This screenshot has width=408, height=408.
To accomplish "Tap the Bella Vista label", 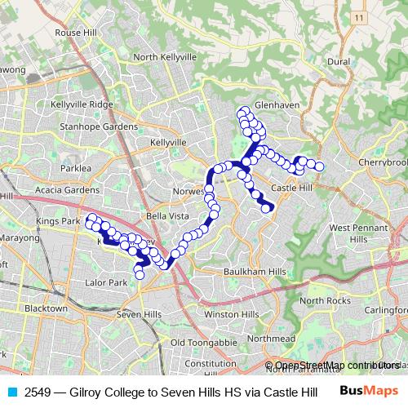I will pyautogui.click(x=166, y=215).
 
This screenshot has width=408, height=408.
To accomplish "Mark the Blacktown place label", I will pyautogui.click(x=46, y=309).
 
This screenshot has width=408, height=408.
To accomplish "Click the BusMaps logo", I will pyautogui.click(x=370, y=391).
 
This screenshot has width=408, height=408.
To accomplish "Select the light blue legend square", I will pyautogui.click(x=12, y=392).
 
